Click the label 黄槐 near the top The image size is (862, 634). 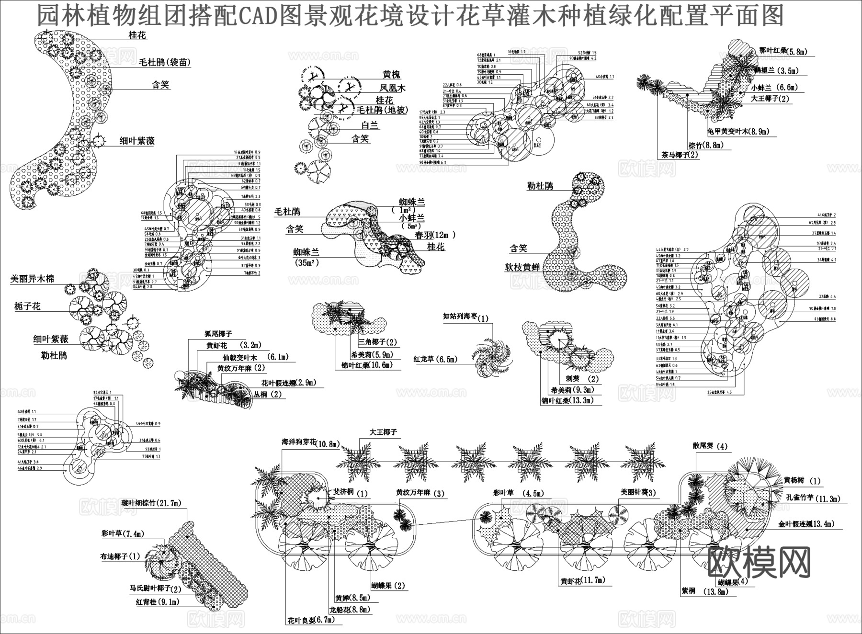point(391,75)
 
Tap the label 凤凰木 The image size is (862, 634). point(392,88)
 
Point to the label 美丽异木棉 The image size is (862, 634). point(33,279)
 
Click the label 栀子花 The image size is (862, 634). point(27,306)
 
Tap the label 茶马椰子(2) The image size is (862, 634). point(680,155)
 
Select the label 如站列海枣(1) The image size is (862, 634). point(465,318)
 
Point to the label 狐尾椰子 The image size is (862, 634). point(218,334)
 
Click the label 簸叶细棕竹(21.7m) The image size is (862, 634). point(151,503)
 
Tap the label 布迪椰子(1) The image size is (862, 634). point(120,556)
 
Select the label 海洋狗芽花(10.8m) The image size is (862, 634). point(310,444)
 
